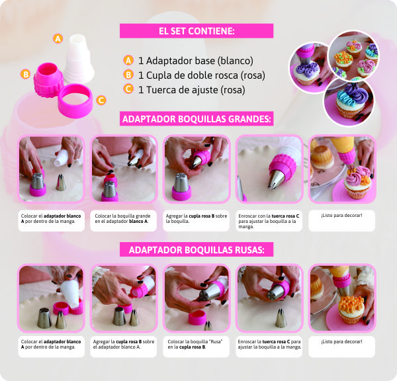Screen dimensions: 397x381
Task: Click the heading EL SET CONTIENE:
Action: pyautogui.click(x=197, y=31)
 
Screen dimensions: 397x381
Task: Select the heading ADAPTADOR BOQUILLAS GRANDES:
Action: pyautogui.click(x=197, y=118)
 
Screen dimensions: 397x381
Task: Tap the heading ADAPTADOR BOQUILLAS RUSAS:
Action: pyautogui.click(x=197, y=250)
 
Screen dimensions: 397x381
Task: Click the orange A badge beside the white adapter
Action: pyautogui.click(x=58, y=38)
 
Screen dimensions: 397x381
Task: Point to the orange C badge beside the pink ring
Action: pyautogui.click(x=101, y=101)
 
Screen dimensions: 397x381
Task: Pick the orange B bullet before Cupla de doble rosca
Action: pyautogui.click(x=128, y=75)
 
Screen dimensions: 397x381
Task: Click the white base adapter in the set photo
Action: pyautogui.click(x=79, y=59)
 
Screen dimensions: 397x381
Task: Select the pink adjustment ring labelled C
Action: pyautogui.click(x=75, y=101)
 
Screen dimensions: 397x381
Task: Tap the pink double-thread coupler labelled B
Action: pyautogui.click(x=48, y=80)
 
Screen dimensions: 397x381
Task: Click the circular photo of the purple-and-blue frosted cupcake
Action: pyautogui.click(x=349, y=101)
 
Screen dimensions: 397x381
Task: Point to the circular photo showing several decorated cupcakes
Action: pyautogui.click(x=353, y=56)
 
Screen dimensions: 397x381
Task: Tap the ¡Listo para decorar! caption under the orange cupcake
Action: pyautogui.click(x=341, y=341)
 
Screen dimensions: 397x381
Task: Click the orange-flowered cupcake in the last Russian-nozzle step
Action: pyautogui.click(x=351, y=310)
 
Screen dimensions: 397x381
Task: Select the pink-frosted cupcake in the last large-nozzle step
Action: pyautogui.click(x=358, y=182)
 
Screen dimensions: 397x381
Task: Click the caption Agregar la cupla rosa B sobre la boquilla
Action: pyautogui.click(x=197, y=218)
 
